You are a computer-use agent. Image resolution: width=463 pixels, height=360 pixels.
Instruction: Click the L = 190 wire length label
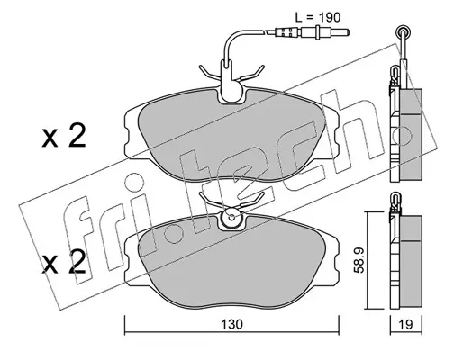click(x=318, y=18)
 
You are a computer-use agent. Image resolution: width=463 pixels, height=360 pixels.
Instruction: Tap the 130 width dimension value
click(x=231, y=324)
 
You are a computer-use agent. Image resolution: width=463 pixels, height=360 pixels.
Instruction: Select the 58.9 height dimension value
click(x=359, y=260)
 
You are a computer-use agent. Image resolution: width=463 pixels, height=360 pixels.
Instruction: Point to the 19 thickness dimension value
click(x=406, y=324)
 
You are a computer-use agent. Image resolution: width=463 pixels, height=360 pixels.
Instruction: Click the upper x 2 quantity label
click(x=64, y=136)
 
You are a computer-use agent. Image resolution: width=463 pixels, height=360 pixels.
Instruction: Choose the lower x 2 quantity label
click(x=64, y=262)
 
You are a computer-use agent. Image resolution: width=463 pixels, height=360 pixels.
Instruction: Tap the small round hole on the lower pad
click(x=231, y=217)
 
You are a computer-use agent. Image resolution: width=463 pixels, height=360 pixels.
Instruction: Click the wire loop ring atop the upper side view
click(x=403, y=31)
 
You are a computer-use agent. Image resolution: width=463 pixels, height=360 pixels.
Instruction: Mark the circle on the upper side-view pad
click(x=402, y=136)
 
